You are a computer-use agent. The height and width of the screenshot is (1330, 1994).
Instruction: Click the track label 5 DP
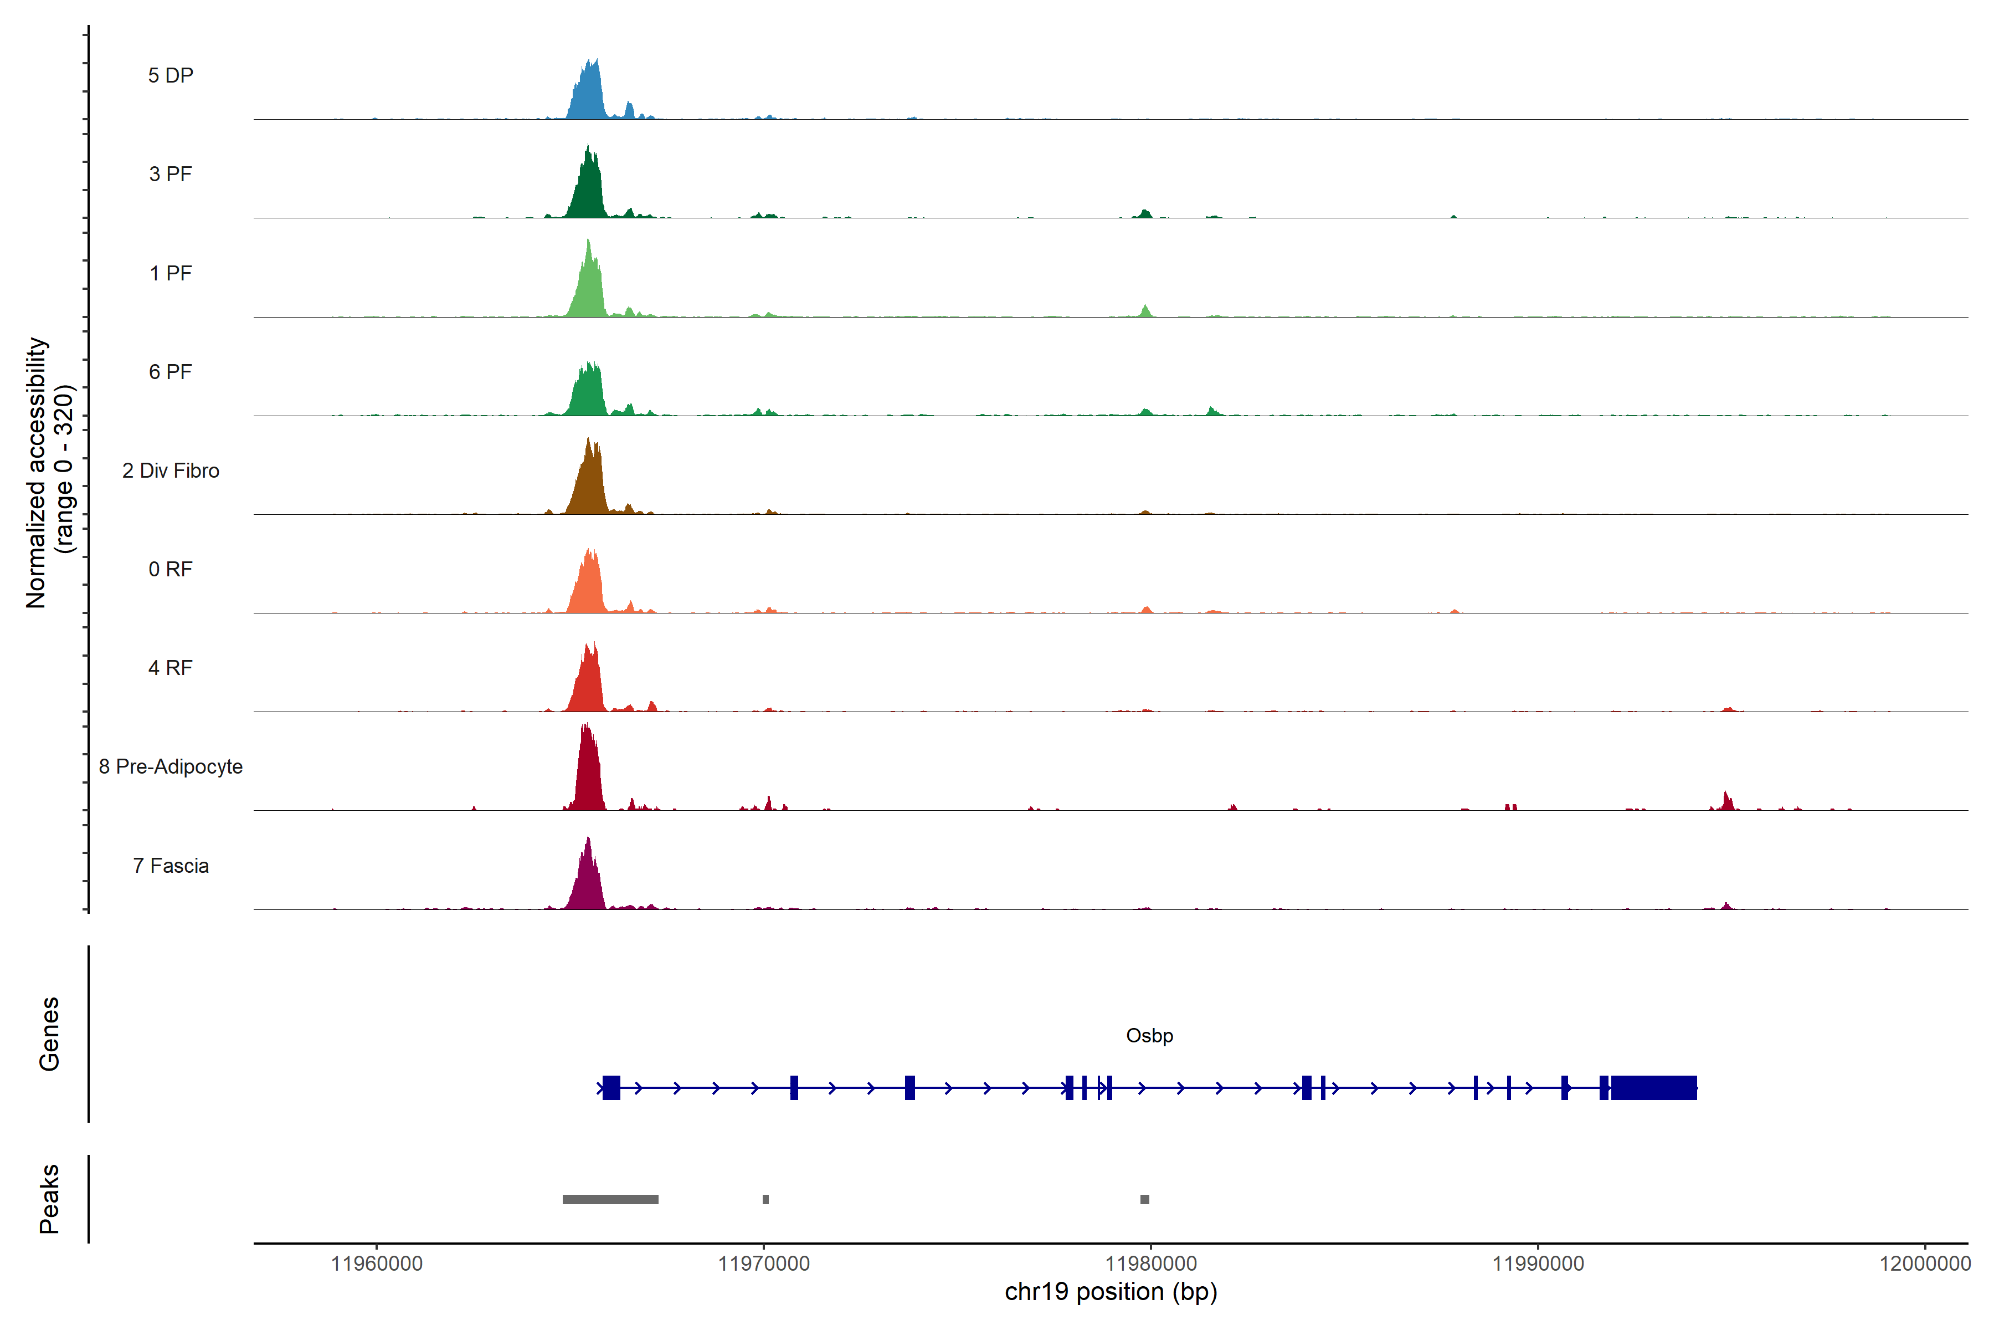(171, 75)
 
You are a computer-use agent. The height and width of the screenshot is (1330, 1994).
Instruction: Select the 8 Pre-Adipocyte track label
(171, 767)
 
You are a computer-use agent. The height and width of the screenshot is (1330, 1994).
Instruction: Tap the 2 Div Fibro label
(171, 470)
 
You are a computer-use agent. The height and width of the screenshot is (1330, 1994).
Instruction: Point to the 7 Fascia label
(171, 866)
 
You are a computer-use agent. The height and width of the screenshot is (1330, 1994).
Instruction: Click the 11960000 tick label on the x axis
(377, 1264)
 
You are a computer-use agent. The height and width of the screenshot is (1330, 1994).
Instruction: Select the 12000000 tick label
(1924, 1264)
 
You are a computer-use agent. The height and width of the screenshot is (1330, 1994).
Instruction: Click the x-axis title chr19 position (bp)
(1111, 1292)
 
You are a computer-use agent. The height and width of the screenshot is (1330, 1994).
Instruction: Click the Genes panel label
(49, 1034)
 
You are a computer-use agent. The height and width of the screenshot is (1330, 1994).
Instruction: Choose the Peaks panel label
(49, 1199)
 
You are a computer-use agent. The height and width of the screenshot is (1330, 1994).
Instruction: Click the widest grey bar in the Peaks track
(610, 1199)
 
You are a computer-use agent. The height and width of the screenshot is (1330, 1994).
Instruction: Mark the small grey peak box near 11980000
(1144, 1199)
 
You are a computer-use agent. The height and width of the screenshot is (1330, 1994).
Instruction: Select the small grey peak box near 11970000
(765, 1199)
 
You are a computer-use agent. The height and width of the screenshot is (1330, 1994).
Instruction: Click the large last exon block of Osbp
(1653, 1087)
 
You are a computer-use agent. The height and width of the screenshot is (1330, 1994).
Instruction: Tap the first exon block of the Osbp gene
(611, 1087)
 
